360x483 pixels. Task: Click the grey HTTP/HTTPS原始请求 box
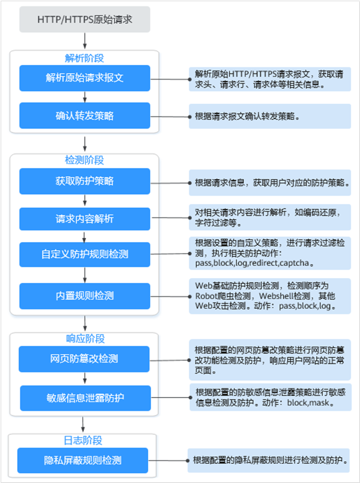[84, 19]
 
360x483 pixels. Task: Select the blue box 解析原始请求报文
[84, 78]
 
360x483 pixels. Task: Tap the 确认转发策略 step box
[84, 116]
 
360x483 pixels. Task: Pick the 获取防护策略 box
[84, 181]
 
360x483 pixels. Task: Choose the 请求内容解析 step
[84, 219]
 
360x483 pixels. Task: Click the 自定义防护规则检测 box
[84, 254]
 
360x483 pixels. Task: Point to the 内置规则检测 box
[84, 296]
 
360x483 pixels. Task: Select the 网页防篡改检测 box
[84, 359]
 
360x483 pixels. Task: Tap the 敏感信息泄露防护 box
[85, 398]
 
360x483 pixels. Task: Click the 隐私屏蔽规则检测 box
[83, 460]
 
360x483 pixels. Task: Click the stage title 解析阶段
[84, 58]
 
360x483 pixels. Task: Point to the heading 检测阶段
[84, 160]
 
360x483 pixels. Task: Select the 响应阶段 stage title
[85, 338]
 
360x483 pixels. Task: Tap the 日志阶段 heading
[83, 440]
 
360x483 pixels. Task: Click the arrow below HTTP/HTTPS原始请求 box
[84, 41]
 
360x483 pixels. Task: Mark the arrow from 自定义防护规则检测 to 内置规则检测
[84, 275]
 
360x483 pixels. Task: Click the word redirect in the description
[264, 264]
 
